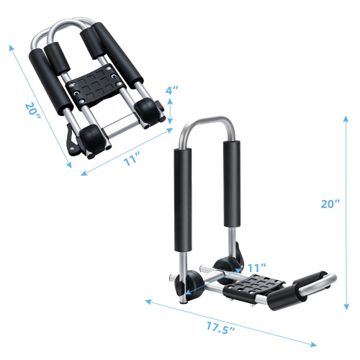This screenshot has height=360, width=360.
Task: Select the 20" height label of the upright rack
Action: point(330,204)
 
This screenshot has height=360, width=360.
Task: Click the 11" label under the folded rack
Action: point(130,161)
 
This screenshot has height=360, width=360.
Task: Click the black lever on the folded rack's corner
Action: point(73,141)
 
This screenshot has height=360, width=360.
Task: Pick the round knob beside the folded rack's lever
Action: point(92,138)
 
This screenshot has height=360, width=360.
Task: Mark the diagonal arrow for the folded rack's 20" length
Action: point(40,105)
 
